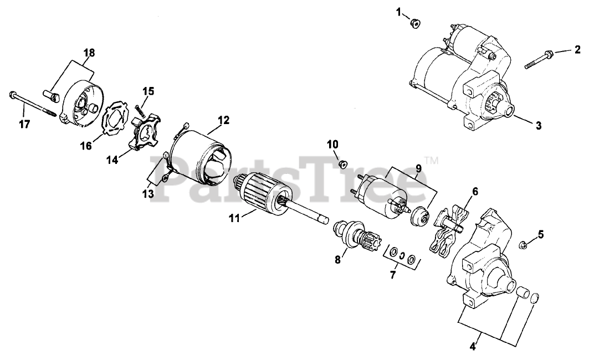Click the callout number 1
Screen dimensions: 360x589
point(398,12)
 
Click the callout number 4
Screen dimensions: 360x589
point(473,348)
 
